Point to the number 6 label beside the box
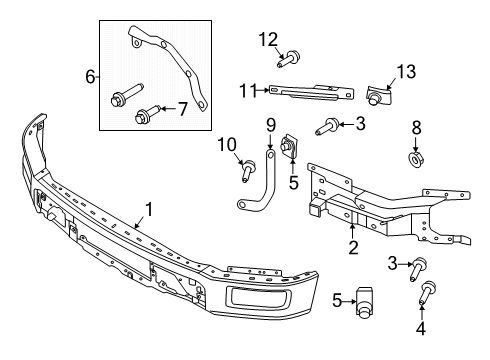pyautogui.click(x=90, y=75)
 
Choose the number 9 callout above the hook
pyautogui.click(x=270, y=125)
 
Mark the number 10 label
pyautogui.click(x=226, y=146)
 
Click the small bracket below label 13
pyautogui.click(x=379, y=94)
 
